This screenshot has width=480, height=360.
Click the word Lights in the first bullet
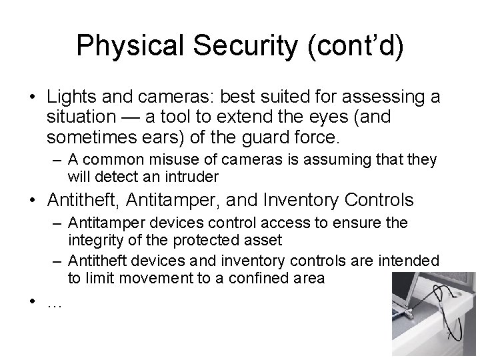[69, 99]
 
